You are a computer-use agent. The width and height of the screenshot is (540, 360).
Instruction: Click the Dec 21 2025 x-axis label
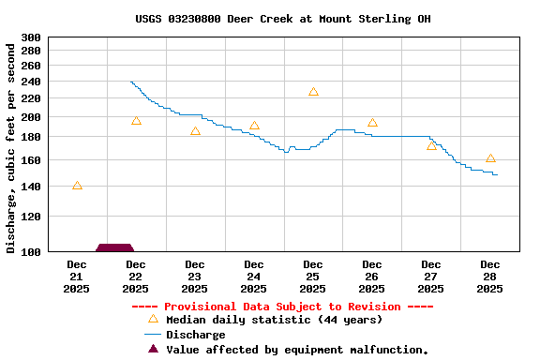point(77,277)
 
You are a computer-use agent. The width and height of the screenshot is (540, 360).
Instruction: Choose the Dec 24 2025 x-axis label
point(254,277)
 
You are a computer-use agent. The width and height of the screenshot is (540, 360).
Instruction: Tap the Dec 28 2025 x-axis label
point(490,277)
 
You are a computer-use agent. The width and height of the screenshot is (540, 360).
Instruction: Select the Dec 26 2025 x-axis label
point(372,277)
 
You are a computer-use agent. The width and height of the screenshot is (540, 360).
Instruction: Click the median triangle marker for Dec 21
point(77,186)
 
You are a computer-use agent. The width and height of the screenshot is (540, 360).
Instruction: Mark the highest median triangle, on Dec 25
point(313,92)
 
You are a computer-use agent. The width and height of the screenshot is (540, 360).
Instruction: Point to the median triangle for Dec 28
point(490,158)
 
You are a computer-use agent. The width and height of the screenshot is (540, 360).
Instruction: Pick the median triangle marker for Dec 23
point(195,131)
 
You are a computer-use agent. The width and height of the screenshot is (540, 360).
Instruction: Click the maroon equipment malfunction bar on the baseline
point(114,247)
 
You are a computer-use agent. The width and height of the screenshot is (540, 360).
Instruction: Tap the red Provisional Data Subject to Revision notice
point(282,307)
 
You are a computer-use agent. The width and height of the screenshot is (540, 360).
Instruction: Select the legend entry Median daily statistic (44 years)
point(274,320)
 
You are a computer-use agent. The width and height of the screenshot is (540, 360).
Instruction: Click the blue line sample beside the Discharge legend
point(153,335)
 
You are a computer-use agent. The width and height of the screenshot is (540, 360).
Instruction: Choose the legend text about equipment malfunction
point(297,350)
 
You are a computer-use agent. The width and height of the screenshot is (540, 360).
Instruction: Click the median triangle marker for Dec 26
point(372,123)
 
